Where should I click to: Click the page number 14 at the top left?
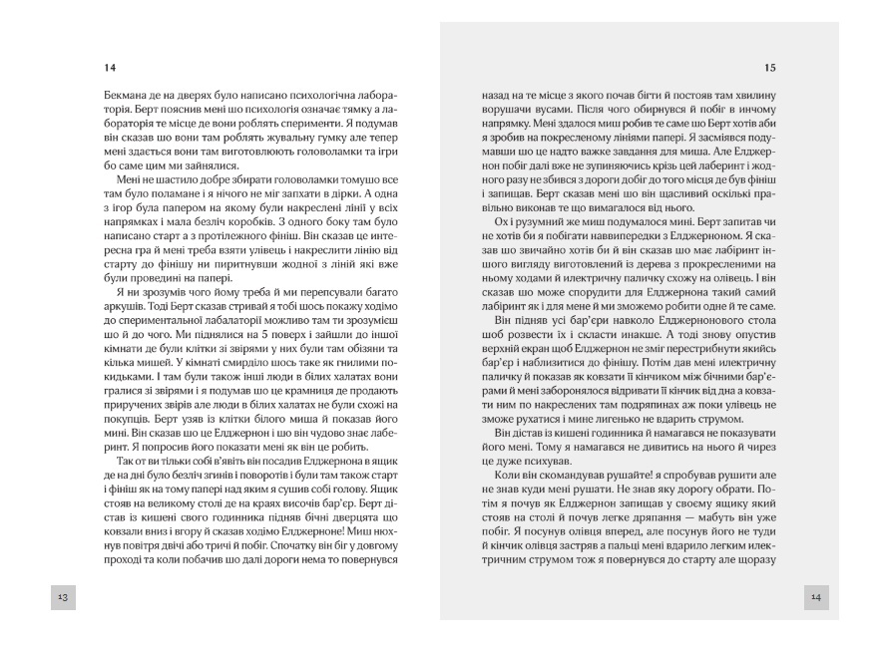tap(110, 68)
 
